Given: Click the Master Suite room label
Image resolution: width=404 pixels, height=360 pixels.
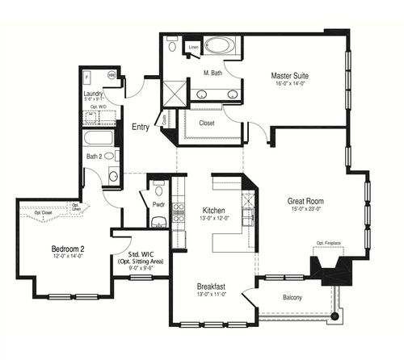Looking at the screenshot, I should [x=289, y=76].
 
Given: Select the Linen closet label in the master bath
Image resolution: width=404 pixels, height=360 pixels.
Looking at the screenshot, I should [x=193, y=48].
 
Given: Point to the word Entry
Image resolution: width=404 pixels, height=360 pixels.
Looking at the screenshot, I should [x=143, y=127].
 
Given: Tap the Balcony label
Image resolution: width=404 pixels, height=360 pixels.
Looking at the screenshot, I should [x=292, y=298].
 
